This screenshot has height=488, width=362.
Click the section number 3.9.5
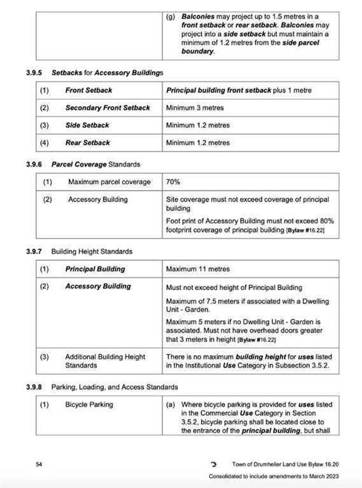(x=35, y=72)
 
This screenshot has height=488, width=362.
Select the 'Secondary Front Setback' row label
(x=107, y=108)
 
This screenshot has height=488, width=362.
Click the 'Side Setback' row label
(x=87, y=125)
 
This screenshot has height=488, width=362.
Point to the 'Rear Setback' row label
(x=88, y=143)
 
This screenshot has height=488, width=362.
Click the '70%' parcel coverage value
(x=173, y=182)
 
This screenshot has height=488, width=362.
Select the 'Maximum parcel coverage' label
(x=109, y=182)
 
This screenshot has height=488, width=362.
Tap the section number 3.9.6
(x=35, y=164)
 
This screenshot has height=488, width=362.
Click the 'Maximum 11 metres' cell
(x=198, y=269)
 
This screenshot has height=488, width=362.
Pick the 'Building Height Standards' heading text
(x=92, y=251)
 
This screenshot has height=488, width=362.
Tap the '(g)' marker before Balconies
(x=171, y=17)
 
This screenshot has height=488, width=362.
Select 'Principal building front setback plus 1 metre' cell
(x=239, y=90)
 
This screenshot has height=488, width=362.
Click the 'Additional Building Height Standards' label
(x=105, y=361)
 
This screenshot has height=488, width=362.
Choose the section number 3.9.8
(x=35, y=387)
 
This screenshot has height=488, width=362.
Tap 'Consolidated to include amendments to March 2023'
(x=273, y=476)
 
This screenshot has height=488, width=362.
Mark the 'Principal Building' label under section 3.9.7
(x=95, y=269)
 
